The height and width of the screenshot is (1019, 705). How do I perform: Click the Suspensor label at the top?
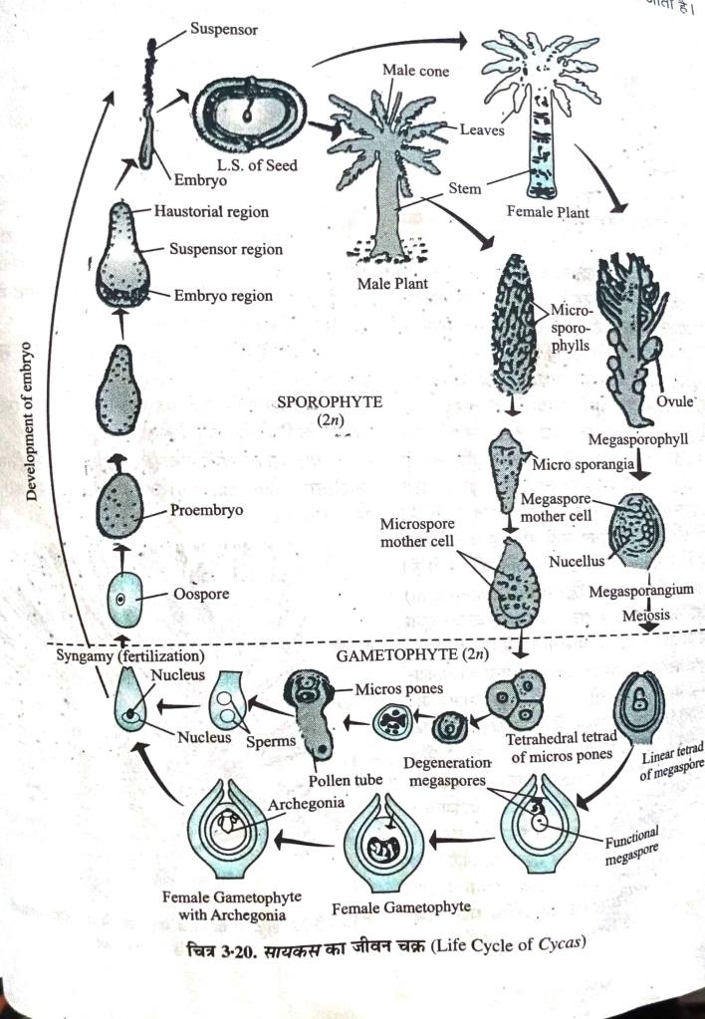point(224,31)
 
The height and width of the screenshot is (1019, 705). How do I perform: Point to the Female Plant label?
point(548,212)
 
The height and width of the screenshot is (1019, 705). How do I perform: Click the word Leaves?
point(483,129)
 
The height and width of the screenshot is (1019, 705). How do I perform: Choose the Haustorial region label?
point(211,212)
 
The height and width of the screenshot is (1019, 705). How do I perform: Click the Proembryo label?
point(208,510)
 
